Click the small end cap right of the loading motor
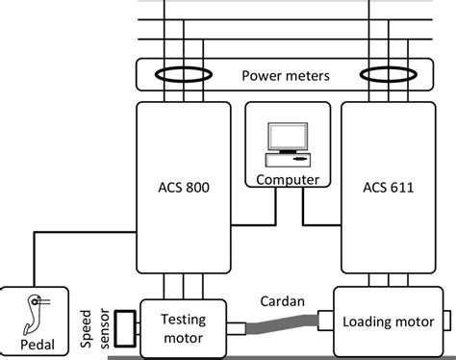click(446, 319)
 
